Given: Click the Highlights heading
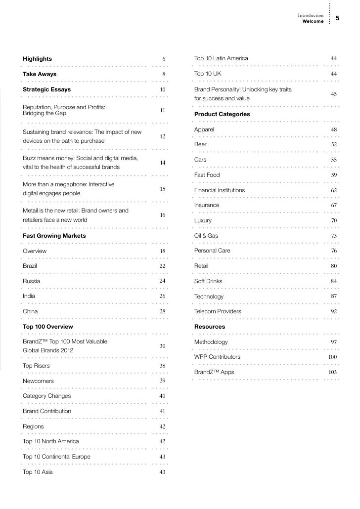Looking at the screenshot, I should pos(37,59).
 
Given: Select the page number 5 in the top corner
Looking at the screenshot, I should pos(337,18).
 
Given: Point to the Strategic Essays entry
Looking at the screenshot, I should pos(46,89).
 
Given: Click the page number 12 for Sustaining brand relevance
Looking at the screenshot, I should pos(163,136).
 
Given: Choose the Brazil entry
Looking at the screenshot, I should pos(30,266).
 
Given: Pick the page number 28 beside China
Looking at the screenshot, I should pos(163,312).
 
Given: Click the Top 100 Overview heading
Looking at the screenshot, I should pos(47,327).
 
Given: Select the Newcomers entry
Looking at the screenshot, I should pos(39,381).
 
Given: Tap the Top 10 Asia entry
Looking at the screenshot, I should pos(38,472).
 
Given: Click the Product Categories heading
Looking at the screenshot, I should pos(222,114).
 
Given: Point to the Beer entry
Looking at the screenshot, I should pos(200,144).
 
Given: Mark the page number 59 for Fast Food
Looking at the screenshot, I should pos(334,175).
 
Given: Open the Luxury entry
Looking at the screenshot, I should pos(203,220).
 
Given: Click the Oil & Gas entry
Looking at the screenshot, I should pos(206,236).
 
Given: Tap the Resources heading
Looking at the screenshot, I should pos(210,327).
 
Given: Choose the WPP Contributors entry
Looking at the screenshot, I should pos(217,357).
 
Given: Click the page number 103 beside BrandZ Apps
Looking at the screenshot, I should pos(333,372).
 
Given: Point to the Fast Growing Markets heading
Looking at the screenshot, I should pos(54,236).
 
